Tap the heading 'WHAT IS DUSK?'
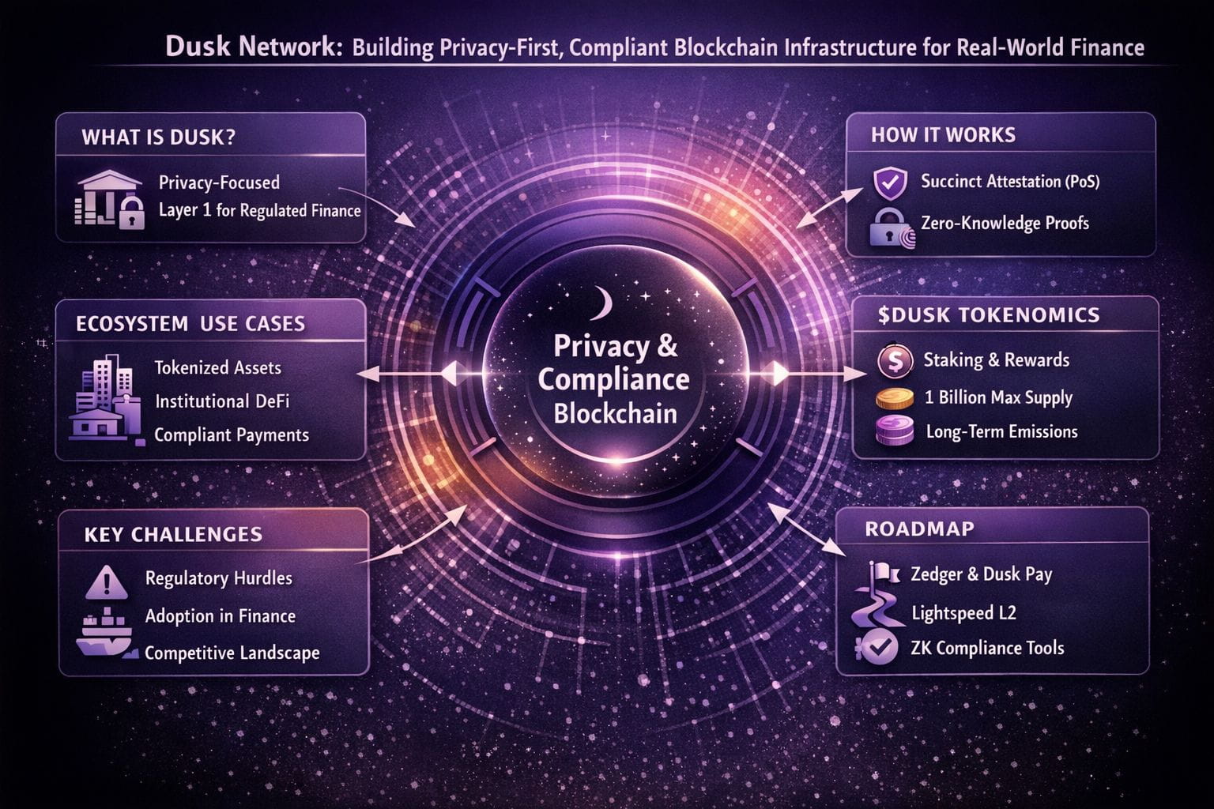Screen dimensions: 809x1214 158,137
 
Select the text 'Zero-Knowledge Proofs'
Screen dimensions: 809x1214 1005,224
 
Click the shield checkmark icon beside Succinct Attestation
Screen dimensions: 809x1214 889,182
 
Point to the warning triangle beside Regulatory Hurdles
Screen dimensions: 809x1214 105,582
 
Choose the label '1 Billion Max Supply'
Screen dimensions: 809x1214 998,397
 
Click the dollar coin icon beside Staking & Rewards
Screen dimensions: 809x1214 895,362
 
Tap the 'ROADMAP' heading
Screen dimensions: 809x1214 919,529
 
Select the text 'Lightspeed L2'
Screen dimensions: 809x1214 963,612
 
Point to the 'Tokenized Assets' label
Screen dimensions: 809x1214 217,367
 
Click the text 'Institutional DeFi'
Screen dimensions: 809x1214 222,401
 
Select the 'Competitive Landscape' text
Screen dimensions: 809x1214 232,653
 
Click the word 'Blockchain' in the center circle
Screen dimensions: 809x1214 615,413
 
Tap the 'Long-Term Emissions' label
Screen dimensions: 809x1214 1001,431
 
